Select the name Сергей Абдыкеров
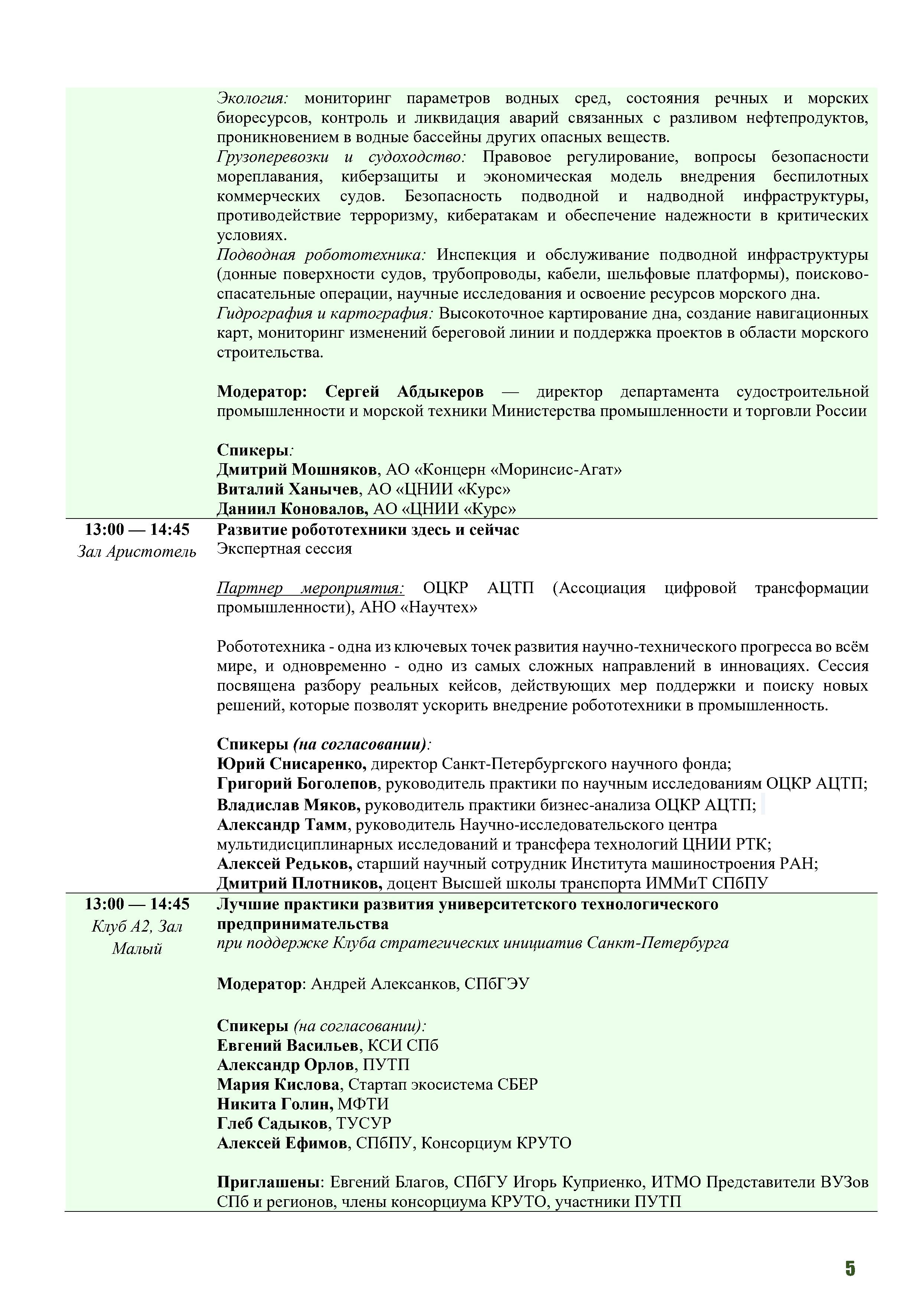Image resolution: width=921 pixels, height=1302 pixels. point(404,392)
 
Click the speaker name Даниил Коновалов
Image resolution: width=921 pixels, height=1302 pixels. point(292,509)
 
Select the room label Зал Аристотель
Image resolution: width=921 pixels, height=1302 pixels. point(137,552)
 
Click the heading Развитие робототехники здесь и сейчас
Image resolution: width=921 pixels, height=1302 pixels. point(368,530)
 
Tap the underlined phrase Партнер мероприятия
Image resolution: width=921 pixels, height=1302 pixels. point(310,588)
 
